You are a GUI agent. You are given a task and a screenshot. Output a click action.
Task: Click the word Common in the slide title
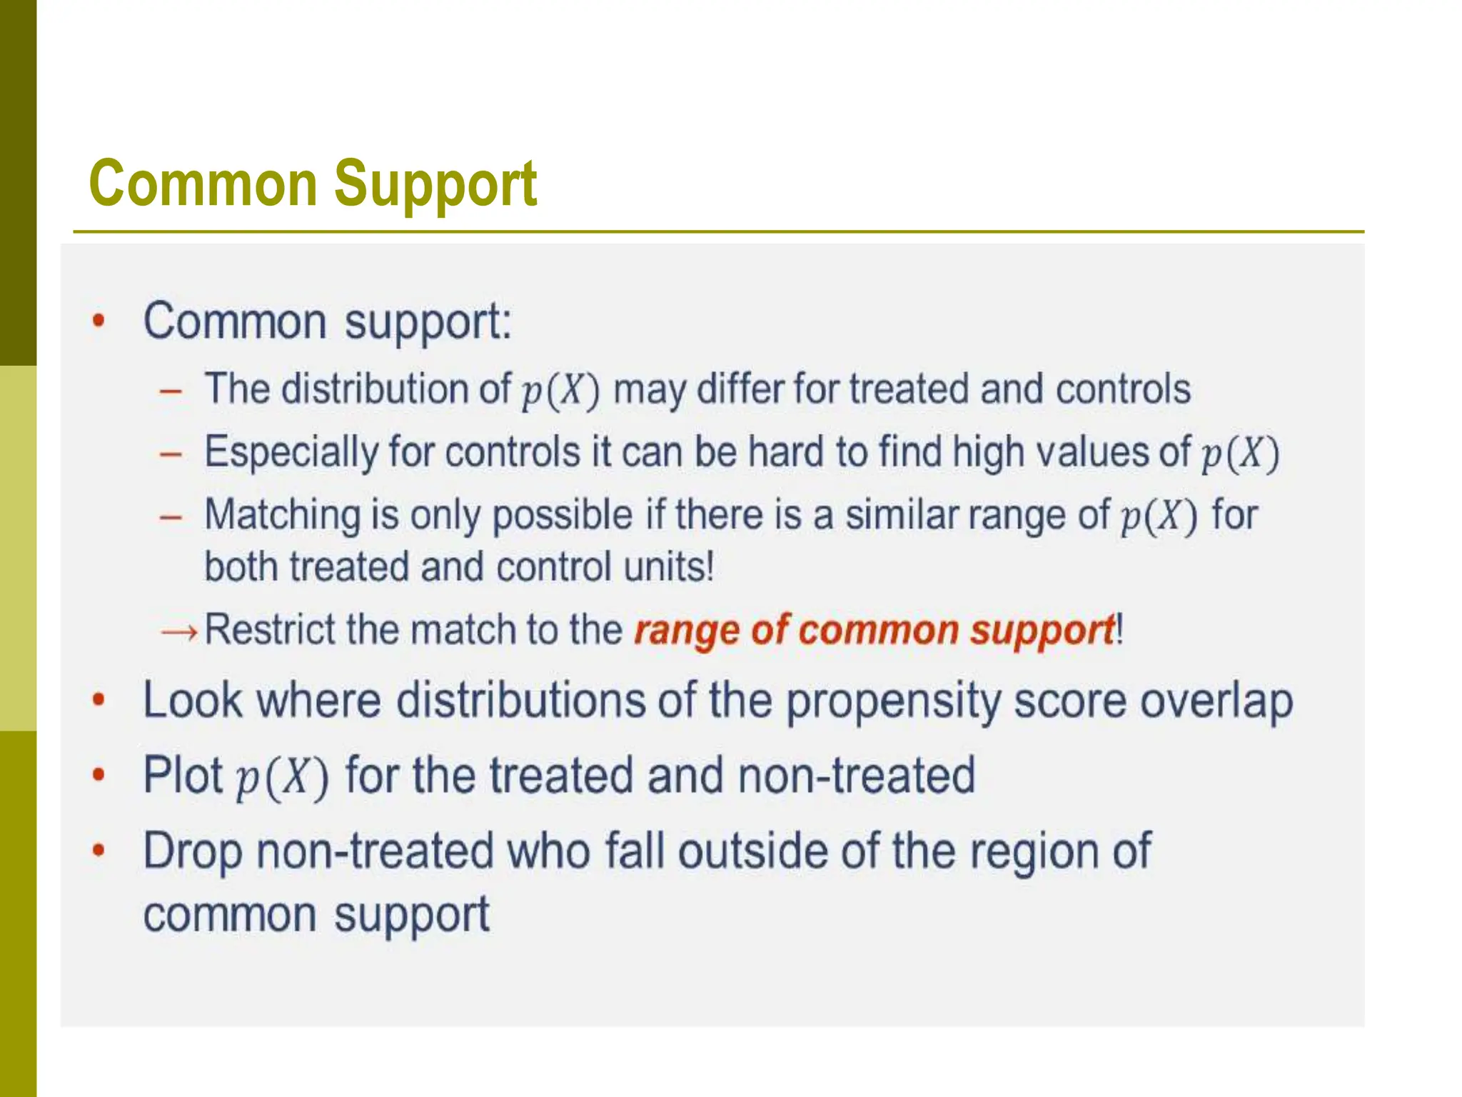203,184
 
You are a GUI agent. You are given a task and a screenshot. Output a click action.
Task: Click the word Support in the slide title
435,185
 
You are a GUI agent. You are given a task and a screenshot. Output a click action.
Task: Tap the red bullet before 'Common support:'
99,321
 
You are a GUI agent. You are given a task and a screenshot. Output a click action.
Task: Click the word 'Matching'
283,515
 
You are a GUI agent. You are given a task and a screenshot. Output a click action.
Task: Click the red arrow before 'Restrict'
179,631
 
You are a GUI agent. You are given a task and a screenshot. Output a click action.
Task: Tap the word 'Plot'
183,775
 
